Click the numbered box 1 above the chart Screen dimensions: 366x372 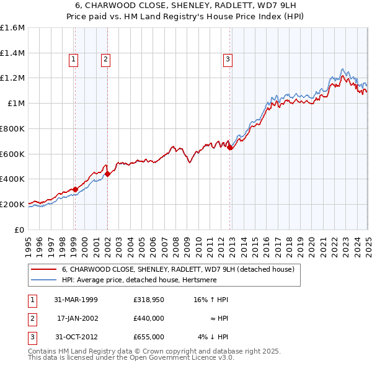tap(74, 60)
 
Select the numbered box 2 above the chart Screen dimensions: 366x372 tap(106, 60)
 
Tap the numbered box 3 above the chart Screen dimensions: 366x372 tap(228, 60)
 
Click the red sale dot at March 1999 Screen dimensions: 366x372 tap(75, 189)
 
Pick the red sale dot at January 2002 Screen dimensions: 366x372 tap(107, 174)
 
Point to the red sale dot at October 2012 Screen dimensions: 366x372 tap(230, 147)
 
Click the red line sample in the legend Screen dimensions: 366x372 tap(43, 269)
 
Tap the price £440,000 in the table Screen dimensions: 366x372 tap(148, 318)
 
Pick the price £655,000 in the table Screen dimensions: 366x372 tap(148, 337)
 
